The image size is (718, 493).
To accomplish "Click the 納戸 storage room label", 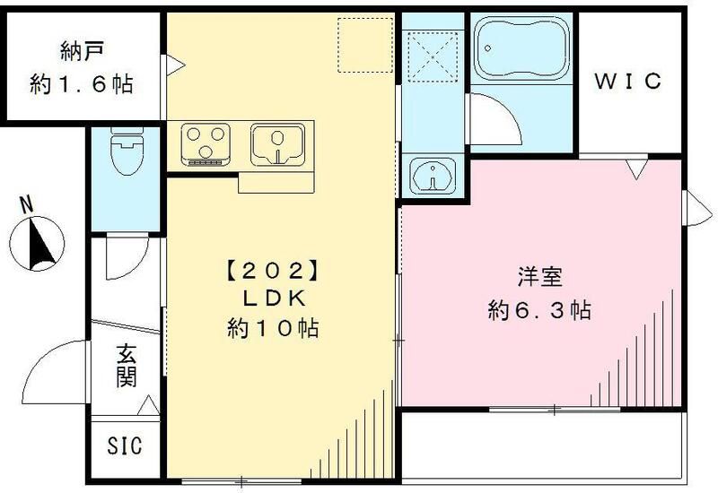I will click(80, 52).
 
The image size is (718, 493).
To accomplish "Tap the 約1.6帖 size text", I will click(81, 85).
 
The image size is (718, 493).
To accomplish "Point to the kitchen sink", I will click(279, 144).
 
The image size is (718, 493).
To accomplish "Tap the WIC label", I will click(629, 82).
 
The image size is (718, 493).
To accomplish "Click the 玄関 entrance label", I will click(126, 368).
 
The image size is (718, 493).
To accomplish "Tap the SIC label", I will click(126, 445).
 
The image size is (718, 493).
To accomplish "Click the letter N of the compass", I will click(27, 205).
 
